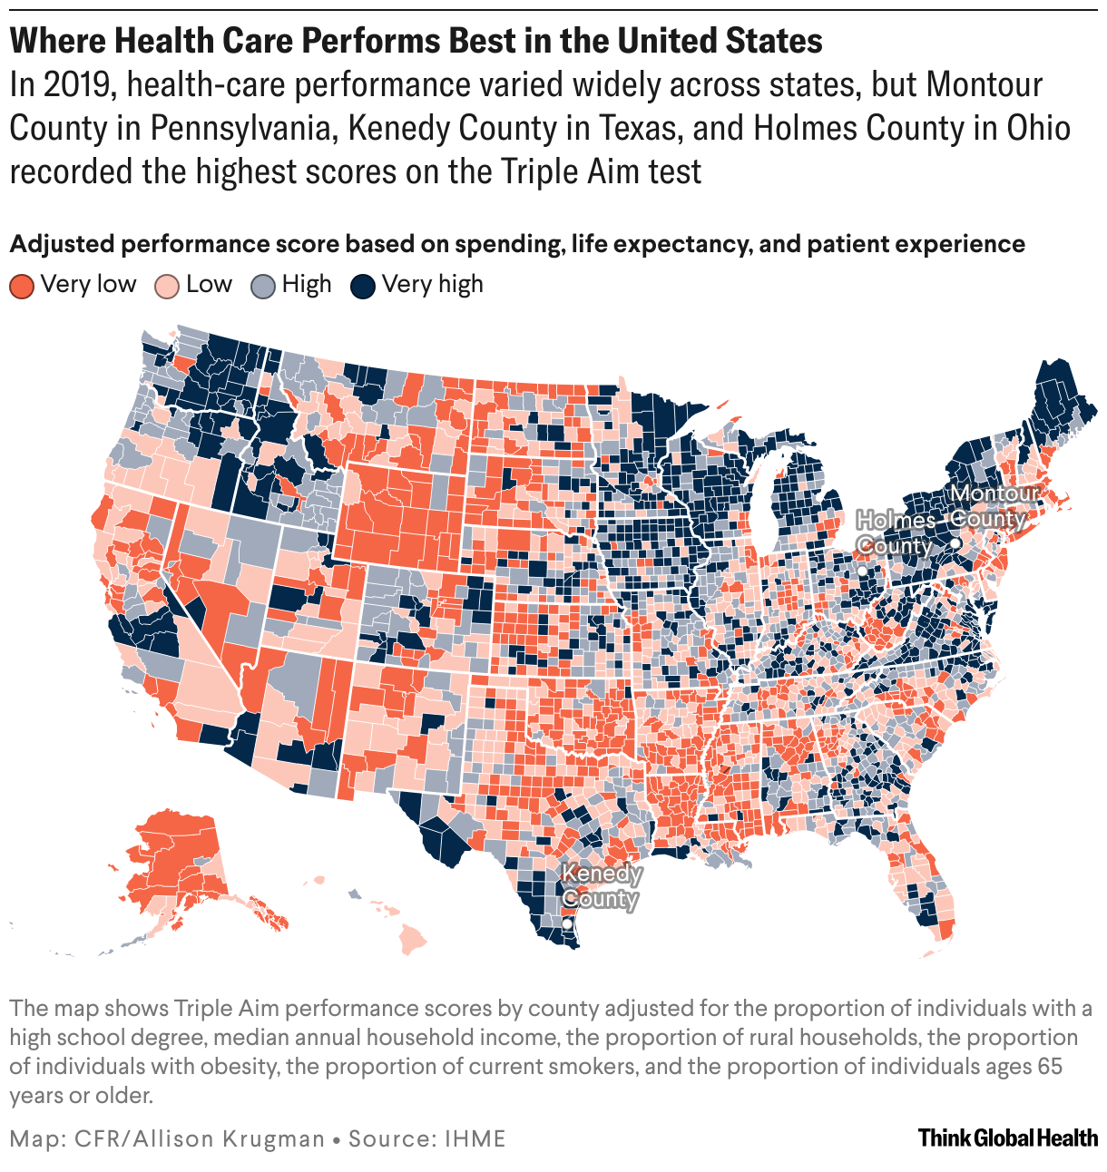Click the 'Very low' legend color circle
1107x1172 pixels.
pyautogui.click(x=22, y=286)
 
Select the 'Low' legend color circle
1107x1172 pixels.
pyautogui.click(x=167, y=286)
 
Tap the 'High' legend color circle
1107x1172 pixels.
pyautogui.click(x=263, y=286)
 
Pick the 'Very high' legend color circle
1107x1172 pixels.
pyautogui.click(x=363, y=286)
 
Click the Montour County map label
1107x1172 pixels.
pyautogui.click(x=993, y=506)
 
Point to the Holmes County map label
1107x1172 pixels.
pyautogui.click(x=896, y=532)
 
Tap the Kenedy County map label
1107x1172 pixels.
pyautogui.click(x=601, y=886)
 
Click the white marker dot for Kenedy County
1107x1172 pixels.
pyautogui.click(x=567, y=923)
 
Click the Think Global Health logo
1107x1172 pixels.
pyautogui.click(x=1007, y=1138)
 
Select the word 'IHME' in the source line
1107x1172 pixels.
pyautogui.click(x=475, y=1138)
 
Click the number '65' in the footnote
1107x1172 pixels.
pyautogui.click(x=1050, y=1066)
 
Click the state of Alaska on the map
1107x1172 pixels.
pyautogui.click(x=172, y=862)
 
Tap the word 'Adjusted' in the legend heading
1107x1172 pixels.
pyautogui.click(x=62, y=244)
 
